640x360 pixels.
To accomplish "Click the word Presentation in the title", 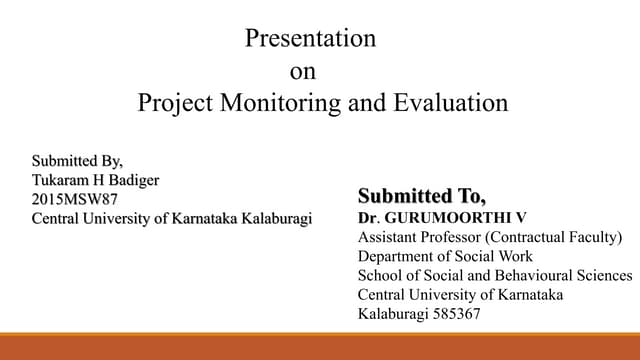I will coord(310,40).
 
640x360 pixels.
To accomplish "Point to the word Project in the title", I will coord(171,103).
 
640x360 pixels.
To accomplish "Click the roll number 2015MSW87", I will coord(75,199).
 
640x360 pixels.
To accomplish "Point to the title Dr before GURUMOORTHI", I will coord(366,216).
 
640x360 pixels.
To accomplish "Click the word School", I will coord(380,276).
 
